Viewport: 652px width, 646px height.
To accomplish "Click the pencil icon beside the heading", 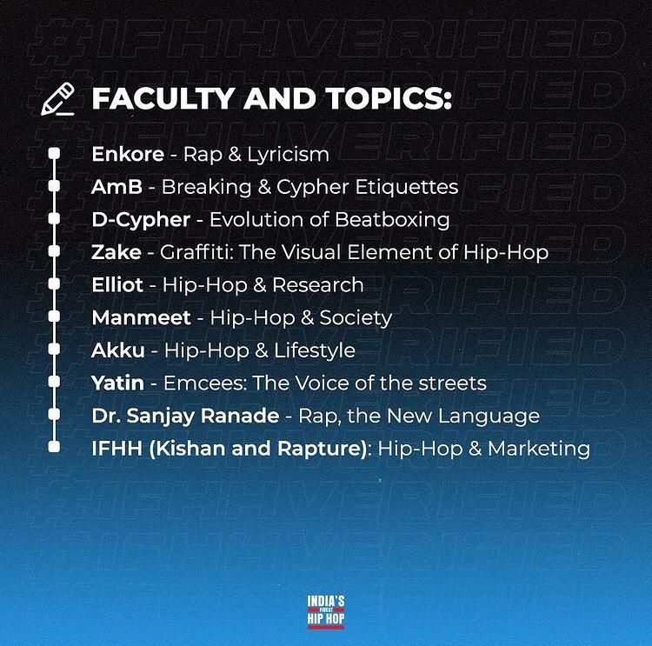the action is coord(57,99).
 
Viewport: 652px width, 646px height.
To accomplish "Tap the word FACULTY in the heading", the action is coord(163,98).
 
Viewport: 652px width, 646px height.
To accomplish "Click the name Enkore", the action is coord(128,154).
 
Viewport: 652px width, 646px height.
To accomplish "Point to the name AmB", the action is coord(116,187).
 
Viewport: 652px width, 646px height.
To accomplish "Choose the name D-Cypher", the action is coord(141,221).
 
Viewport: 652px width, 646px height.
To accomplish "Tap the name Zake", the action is coord(116,252).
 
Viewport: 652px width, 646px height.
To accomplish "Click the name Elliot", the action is coord(117,285).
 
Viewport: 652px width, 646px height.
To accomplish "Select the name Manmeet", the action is coord(142,318).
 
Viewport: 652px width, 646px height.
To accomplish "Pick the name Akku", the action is coord(118,350).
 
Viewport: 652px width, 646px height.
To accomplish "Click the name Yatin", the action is coord(117,383).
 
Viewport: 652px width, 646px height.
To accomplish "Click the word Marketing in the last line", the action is coord(538,450).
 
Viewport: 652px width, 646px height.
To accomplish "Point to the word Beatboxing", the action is coord(392,221).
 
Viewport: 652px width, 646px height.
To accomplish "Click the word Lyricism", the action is coord(288,155).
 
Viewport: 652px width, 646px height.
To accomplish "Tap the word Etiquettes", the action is coord(407,187).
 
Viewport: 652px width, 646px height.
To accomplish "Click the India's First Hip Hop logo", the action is coord(326,612).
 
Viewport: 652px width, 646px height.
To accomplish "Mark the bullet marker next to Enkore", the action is coord(54,154).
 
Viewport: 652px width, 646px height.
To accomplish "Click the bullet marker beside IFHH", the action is coord(54,447).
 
